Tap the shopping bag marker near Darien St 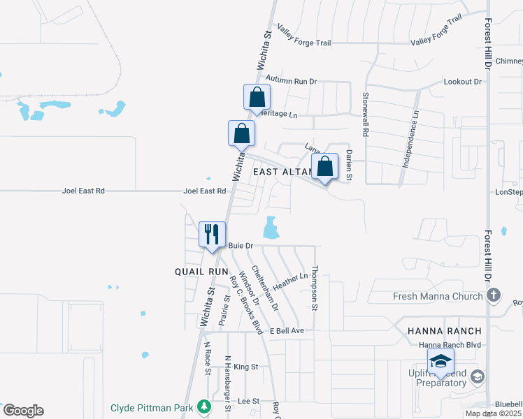point(325,167)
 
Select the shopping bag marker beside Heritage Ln point(257,97)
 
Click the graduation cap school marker point(440,361)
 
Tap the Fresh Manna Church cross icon point(494,295)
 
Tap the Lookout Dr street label point(463,82)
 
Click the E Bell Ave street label point(287,330)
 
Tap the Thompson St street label point(315,288)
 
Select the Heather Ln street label point(291,281)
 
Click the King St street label point(246,367)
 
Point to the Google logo point(23,411)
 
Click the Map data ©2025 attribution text point(493,413)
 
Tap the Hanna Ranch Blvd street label point(450,345)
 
